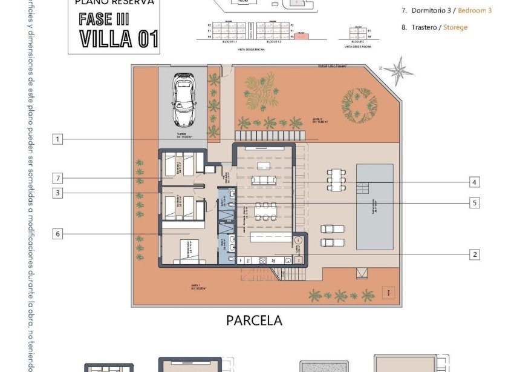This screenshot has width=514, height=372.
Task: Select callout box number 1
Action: pos(57,139)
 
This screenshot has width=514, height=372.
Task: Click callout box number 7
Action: pos(57,178)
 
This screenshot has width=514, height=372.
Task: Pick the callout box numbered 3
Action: pos(57,193)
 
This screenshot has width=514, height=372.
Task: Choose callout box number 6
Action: pos(57,234)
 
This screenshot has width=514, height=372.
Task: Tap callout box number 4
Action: pos(475,182)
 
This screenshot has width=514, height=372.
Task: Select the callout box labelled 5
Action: pos(475,203)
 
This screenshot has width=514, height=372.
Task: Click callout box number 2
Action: pos(475,254)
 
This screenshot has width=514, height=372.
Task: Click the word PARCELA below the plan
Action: pos(254,321)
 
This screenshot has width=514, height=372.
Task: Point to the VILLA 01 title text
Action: pos(119,38)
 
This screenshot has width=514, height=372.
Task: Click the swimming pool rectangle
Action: pos(374,207)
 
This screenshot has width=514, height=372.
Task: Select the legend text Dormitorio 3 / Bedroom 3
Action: pos(446,10)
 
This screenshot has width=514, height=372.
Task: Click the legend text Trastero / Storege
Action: pos(434,27)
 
